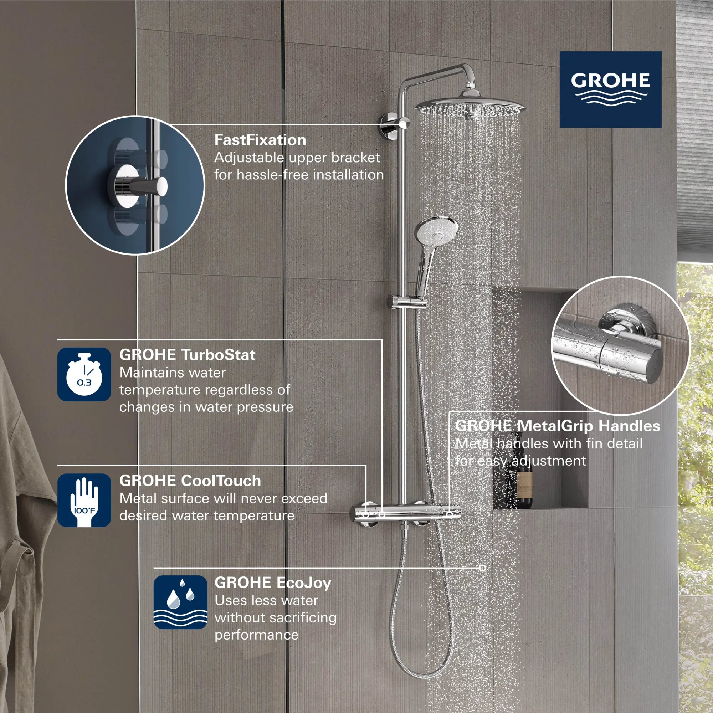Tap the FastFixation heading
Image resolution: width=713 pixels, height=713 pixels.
tap(260, 140)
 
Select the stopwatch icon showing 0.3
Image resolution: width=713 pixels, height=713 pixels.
tap(84, 374)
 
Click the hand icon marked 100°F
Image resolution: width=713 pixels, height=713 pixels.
tap(84, 500)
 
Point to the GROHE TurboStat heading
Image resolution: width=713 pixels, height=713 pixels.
tap(187, 355)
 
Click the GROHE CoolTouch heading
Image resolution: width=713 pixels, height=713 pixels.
tap(190, 481)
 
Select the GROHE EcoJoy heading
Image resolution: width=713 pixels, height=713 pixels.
tap(273, 583)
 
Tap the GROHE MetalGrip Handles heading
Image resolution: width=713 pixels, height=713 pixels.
tap(557, 426)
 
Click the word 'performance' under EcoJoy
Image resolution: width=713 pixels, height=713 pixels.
tap(256, 635)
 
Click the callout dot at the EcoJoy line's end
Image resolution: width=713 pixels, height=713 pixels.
tap(482, 568)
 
